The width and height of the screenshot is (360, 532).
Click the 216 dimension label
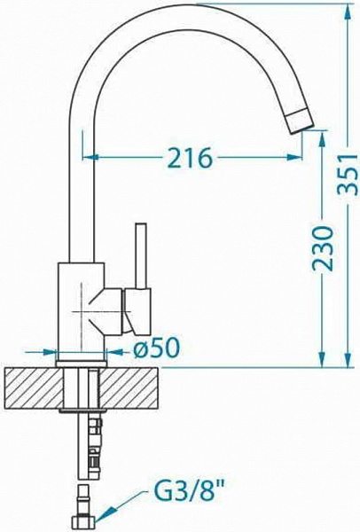(191, 157)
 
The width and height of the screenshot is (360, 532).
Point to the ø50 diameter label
(156, 348)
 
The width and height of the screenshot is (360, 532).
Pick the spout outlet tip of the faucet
(299, 121)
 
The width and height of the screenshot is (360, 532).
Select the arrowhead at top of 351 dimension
(348, 12)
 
